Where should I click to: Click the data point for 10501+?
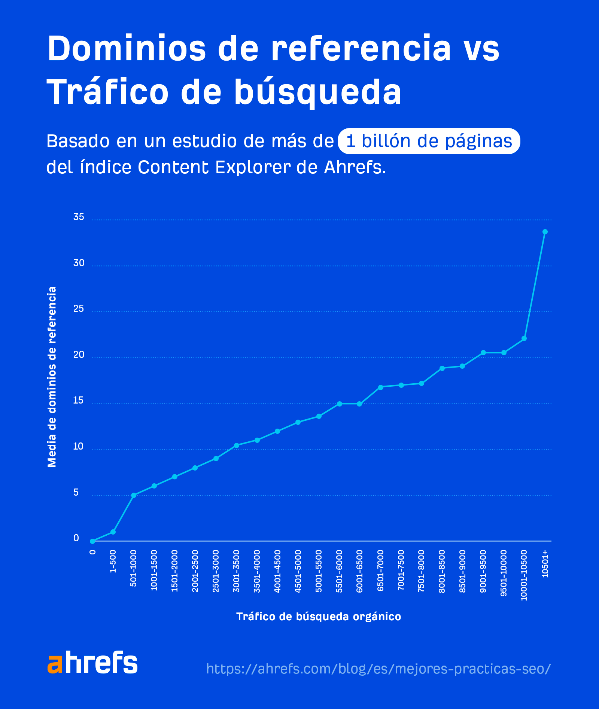click(545, 232)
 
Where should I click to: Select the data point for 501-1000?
click(134, 495)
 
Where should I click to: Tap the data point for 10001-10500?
click(524, 338)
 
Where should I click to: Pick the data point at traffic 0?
click(92, 541)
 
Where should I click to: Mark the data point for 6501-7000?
click(380, 387)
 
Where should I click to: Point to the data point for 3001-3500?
click(236, 445)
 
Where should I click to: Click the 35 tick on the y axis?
click(79, 217)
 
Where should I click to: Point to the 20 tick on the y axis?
click(79, 354)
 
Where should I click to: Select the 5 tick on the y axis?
click(76, 492)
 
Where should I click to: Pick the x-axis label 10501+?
click(545, 563)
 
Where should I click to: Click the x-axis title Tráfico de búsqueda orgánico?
click(319, 617)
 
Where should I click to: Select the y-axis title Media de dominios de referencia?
click(52, 377)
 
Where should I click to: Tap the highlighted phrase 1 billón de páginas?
click(429, 141)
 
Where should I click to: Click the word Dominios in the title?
click(127, 49)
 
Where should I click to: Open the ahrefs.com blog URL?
click(378, 669)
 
